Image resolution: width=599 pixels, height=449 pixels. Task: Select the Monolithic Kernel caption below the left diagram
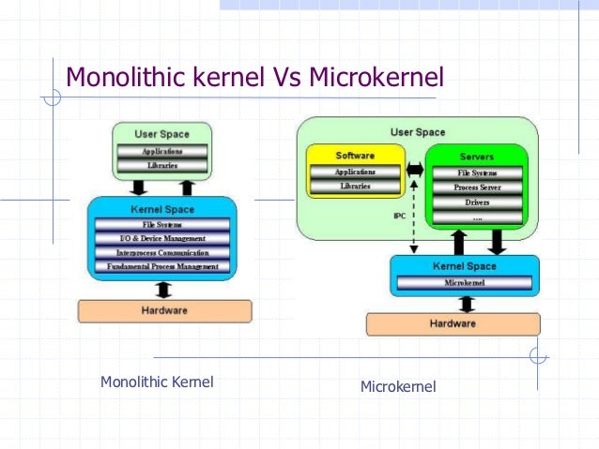(157, 382)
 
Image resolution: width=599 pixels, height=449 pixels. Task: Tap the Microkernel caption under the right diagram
(398, 386)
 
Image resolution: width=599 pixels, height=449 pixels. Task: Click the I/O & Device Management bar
(161, 238)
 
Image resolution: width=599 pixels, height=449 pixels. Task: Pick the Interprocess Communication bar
(161, 252)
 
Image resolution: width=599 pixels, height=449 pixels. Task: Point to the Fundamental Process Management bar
(161, 266)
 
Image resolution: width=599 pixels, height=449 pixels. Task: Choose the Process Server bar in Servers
(477, 188)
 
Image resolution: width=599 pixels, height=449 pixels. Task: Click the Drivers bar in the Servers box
(477, 202)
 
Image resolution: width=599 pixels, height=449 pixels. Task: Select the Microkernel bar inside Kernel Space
(465, 282)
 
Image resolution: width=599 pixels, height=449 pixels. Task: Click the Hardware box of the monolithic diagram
(163, 310)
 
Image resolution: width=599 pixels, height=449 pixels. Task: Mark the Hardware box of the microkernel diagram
(453, 323)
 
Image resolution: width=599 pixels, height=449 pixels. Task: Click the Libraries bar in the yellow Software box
(356, 187)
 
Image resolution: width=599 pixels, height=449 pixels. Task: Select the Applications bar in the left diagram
(161, 151)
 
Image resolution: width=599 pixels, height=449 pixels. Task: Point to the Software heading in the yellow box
(355, 156)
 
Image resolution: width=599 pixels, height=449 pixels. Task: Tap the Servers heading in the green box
(477, 156)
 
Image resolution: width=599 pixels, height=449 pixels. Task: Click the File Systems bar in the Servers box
(477, 173)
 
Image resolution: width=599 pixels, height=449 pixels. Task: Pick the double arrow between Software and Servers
(415, 172)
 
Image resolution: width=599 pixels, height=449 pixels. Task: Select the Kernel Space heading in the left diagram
(161, 209)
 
